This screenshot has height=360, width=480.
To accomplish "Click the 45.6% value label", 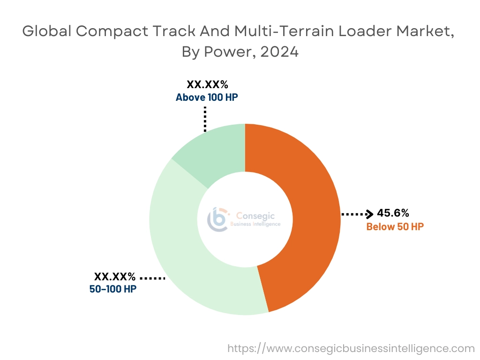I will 393,213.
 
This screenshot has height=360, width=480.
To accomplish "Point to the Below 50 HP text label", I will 395,227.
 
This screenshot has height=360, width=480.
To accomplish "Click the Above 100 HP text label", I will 210,97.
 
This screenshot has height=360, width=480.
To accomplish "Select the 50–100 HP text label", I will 112,289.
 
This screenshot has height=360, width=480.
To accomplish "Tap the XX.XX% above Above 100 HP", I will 207,85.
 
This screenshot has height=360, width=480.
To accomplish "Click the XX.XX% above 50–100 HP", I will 115,277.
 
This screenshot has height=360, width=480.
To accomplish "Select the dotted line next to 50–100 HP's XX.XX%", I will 152,278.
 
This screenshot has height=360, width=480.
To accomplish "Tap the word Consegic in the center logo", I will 255,216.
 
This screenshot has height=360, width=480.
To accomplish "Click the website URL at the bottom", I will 351,348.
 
